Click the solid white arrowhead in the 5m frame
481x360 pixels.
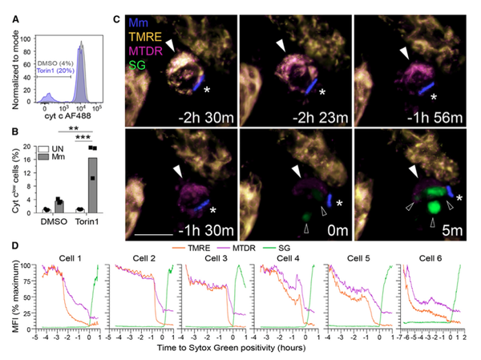pyautogui.click(x=414, y=171)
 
